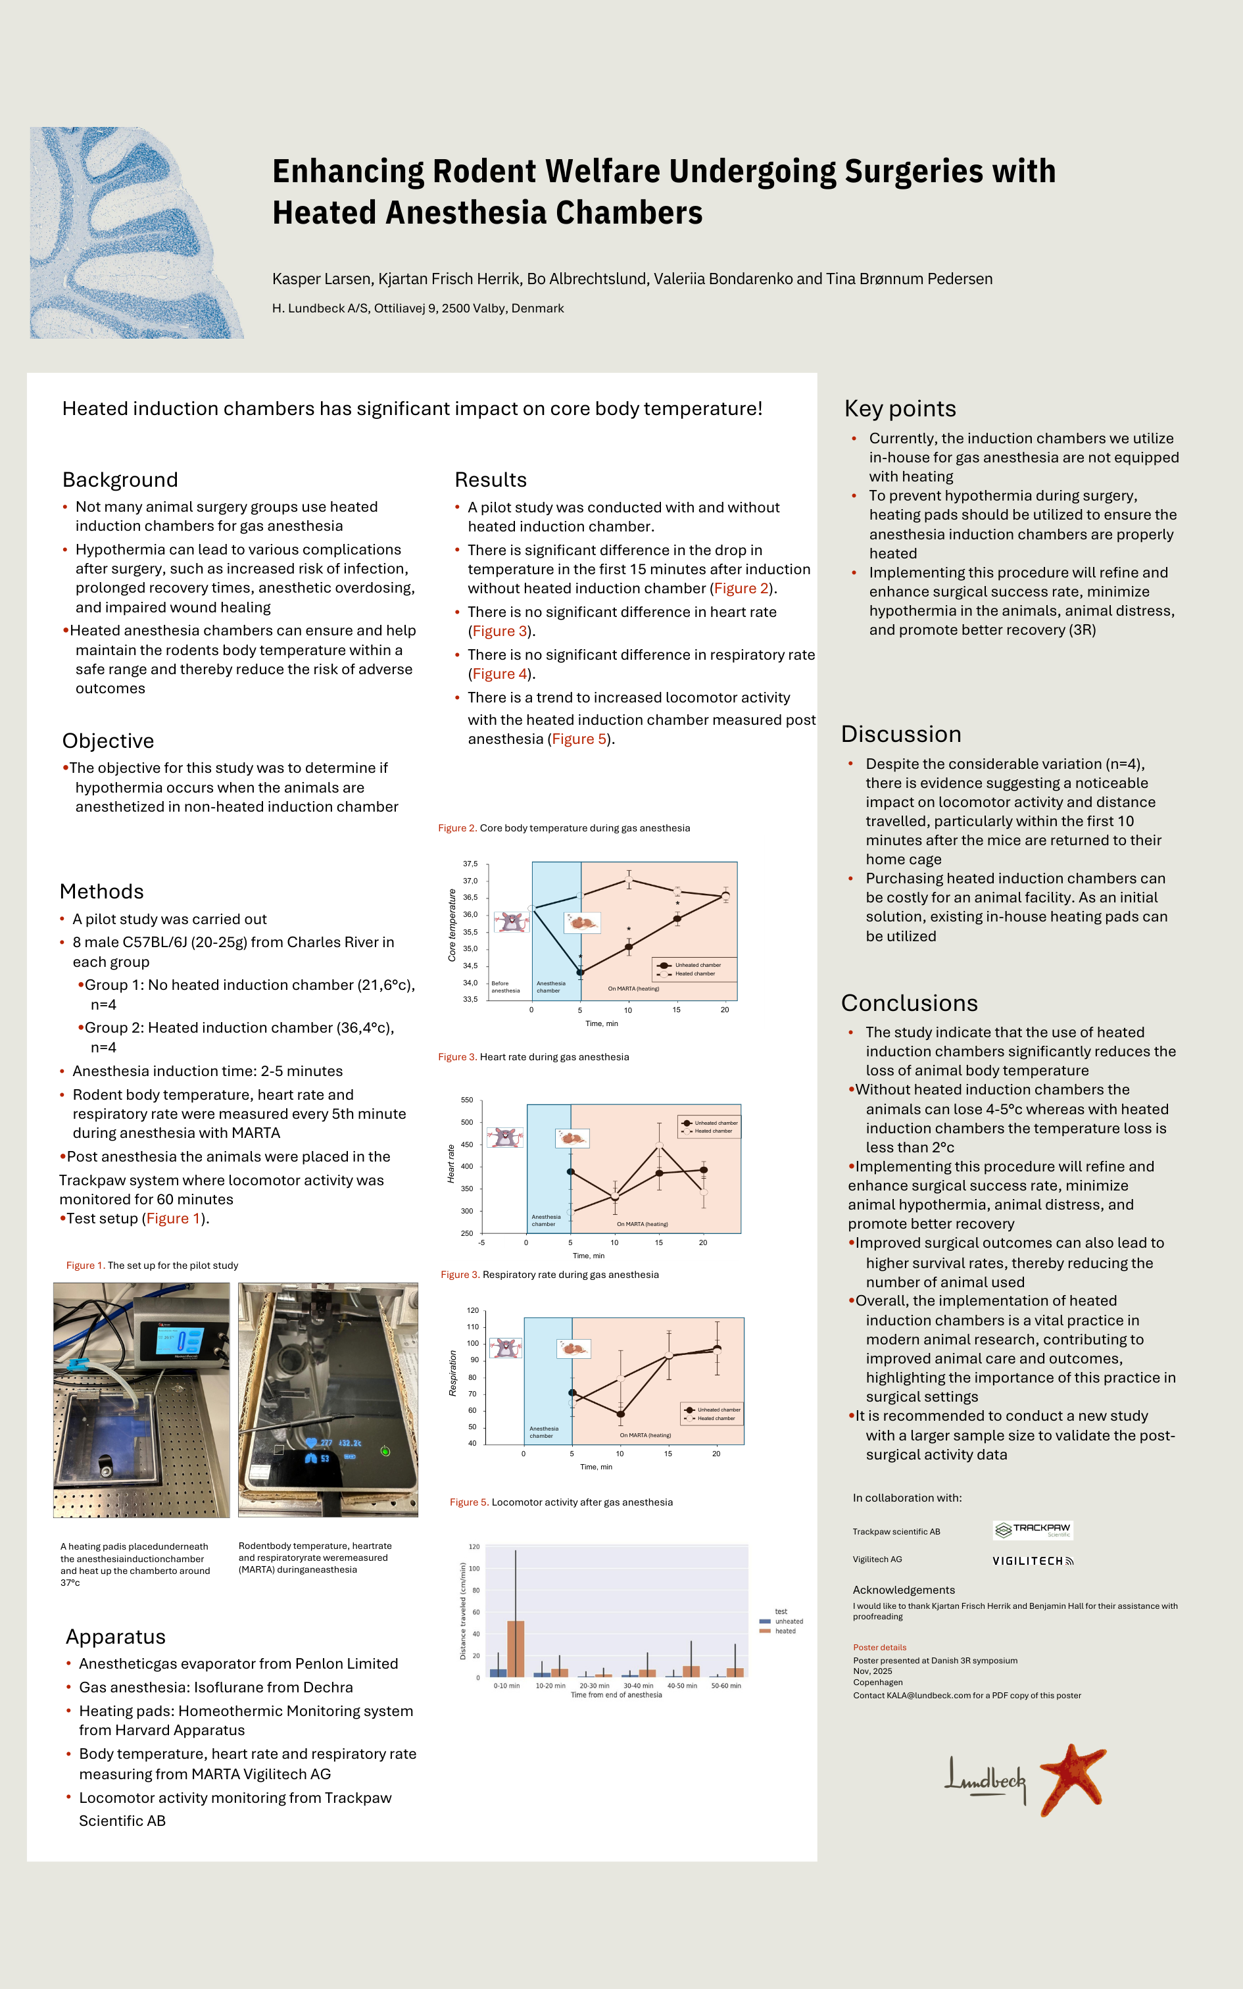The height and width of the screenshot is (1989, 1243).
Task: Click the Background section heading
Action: [x=120, y=480]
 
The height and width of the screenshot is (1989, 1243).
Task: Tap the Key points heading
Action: [x=900, y=408]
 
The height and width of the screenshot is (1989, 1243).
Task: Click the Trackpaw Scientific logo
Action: [x=1033, y=1531]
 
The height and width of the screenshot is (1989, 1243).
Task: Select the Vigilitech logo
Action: [x=1033, y=1561]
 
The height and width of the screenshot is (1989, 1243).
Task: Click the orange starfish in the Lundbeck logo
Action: [x=1072, y=1779]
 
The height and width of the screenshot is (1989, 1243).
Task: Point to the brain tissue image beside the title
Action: [x=137, y=233]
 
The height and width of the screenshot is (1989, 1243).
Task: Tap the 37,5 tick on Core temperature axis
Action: [x=470, y=864]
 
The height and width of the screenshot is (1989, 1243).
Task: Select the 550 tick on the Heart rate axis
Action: [x=466, y=1100]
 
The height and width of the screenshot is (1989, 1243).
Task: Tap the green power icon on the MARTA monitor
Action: [x=385, y=1451]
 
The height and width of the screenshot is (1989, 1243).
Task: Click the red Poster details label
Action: [x=879, y=1647]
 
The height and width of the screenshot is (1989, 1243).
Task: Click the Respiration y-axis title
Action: [x=452, y=1373]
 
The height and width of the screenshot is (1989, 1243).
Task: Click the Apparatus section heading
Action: [x=115, y=1636]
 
